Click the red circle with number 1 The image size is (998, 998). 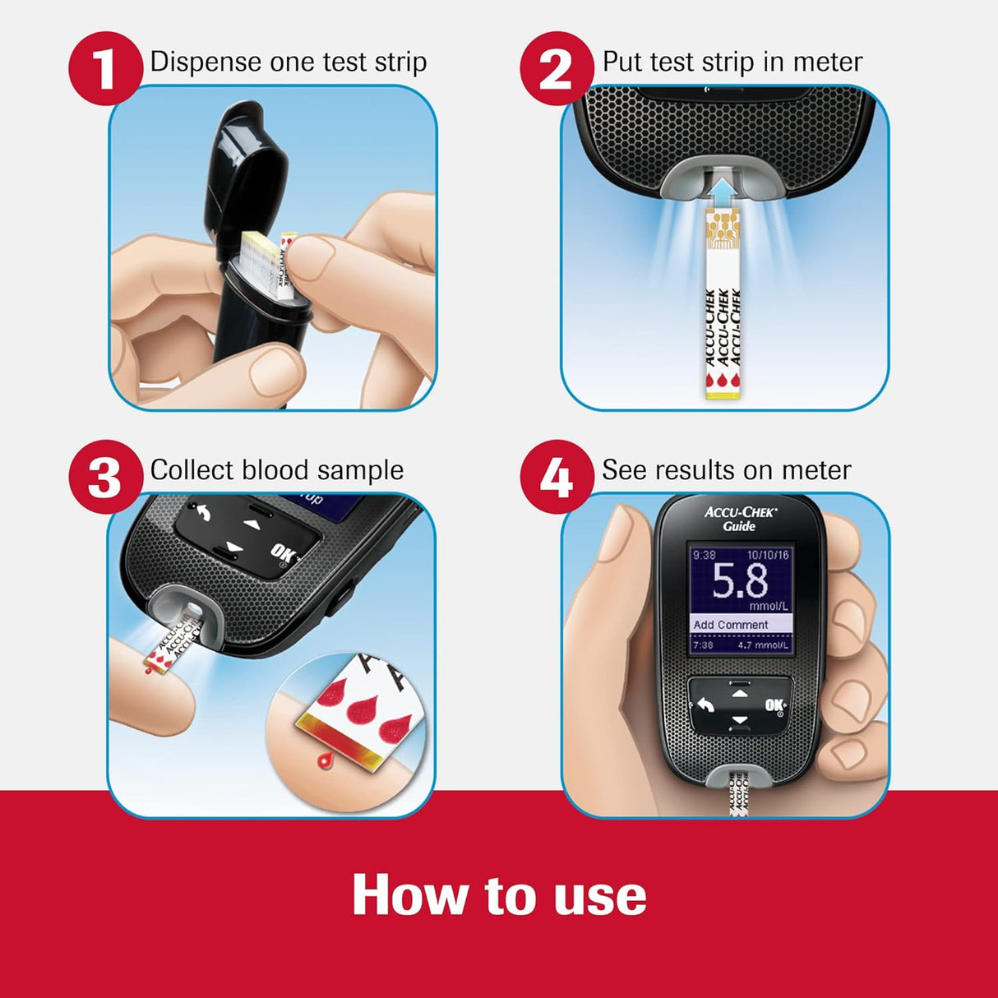coord(104,69)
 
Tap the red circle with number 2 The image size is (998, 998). coord(557,69)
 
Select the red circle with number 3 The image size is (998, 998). coord(104,477)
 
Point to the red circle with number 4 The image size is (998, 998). coord(557,477)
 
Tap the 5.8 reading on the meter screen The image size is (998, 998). coord(740,582)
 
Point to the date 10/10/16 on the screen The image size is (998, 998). coord(768,555)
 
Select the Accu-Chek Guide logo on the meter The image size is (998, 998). coord(740,519)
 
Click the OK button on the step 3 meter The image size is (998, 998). coord(282,552)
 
